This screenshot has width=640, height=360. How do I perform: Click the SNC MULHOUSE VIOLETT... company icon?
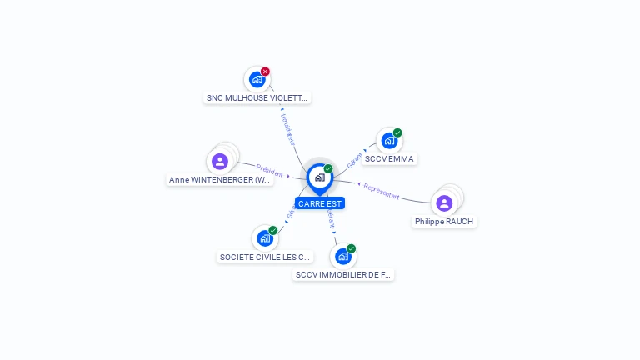click(257, 80)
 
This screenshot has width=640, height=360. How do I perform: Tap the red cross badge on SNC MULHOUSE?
click(265, 72)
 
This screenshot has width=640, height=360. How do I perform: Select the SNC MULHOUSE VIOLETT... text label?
click(257, 97)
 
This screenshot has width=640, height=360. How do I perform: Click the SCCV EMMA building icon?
click(388, 141)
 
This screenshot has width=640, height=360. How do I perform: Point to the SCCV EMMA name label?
click(389, 158)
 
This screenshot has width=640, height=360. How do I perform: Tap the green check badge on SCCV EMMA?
click(397, 132)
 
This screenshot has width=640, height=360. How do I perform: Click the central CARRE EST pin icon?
click(319, 177)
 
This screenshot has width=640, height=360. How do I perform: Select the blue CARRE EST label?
click(319, 203)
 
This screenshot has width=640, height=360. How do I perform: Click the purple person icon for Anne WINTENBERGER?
click(220, 161)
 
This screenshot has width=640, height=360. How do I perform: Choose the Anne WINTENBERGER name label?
click(220, 179)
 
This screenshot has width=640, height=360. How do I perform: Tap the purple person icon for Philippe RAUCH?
click(444, 202)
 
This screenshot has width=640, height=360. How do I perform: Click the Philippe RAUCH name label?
click(444, 221)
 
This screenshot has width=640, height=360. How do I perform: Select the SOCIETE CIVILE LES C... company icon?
click(265, 238)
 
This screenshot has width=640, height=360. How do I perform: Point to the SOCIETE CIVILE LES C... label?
click(265, 257)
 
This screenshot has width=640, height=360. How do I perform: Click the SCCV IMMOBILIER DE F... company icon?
click(342, 256)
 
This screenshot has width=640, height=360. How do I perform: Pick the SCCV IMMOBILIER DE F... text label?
click(343, 274)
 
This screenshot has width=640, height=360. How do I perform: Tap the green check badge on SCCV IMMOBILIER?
click(352, 248)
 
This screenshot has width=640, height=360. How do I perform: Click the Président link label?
click(270, 170)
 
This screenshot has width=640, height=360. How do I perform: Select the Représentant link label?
click(382, 192)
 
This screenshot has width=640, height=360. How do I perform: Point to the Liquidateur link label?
click(287, 129)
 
